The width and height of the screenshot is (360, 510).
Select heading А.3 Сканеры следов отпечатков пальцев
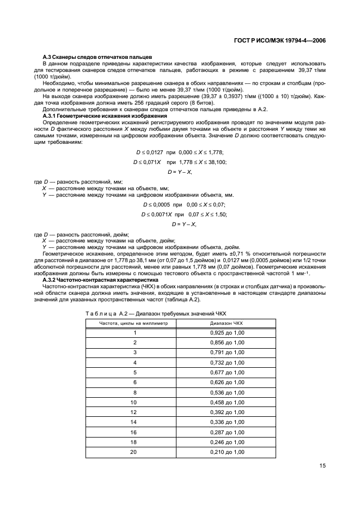(x=97, y=57)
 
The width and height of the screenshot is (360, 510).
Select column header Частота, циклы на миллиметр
(x=133, y=323)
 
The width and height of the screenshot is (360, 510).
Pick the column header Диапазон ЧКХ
(x=227, y=323)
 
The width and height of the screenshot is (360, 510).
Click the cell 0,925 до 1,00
(x=227, y=332)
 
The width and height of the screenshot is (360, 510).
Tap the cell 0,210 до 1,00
(x=227, y=452)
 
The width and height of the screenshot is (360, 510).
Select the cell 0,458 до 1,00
(x=227, y=402)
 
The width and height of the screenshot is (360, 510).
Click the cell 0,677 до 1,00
(x=227, y=372)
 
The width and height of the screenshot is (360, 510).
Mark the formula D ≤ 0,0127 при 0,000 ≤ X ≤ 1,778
(x=180, y=152)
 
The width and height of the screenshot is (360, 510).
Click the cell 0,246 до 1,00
(x=227, y=442)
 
